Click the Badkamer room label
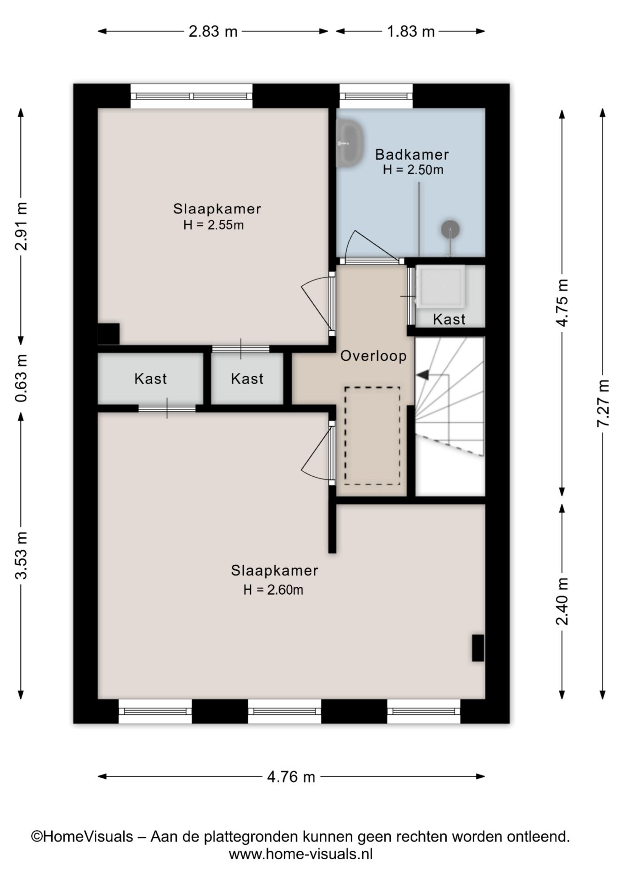[412, 155]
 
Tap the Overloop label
[373, 356]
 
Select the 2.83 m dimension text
[213, 31]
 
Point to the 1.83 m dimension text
[411, 31]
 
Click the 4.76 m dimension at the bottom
[291, 777]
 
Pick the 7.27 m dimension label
[602, 403]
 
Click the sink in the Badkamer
[350, 143]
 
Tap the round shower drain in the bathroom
[451, 229]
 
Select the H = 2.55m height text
[213, 225]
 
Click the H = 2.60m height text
[273, 590]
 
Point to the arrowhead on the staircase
[422, 375]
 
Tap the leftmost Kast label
[150, 379]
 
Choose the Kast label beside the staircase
[449, 319]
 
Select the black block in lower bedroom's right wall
[478, 648]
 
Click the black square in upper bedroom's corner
[109, 334]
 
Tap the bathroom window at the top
[376, 96]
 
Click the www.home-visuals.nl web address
[300, 854]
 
